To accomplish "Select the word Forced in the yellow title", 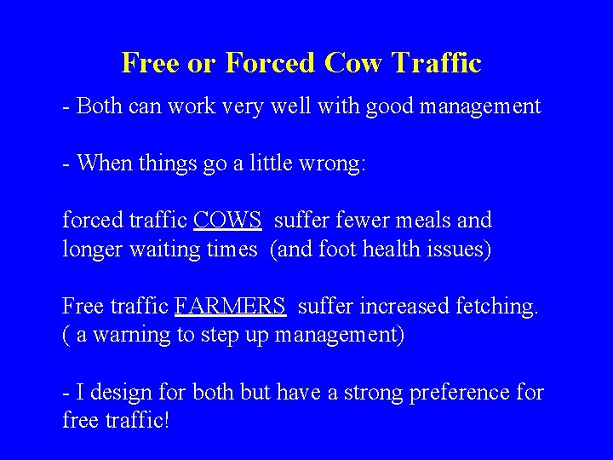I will [271, 63].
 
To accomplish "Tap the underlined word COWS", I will [227, 221].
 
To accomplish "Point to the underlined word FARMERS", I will [230, 306].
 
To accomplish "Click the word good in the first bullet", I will [391, 106].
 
